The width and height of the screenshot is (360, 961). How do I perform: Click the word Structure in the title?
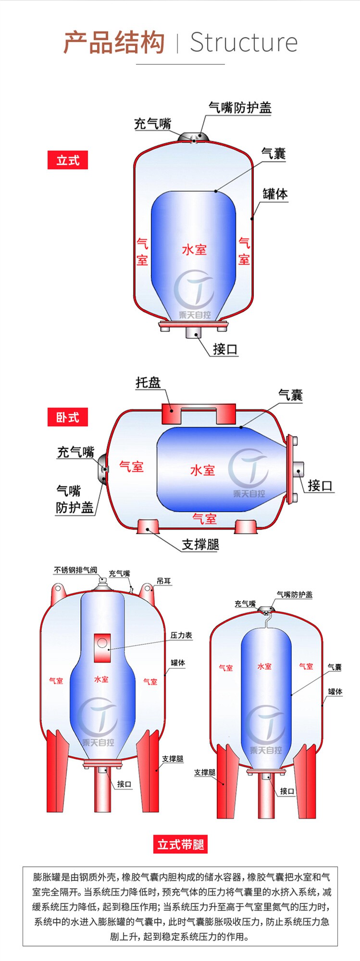click(x=243, y=42)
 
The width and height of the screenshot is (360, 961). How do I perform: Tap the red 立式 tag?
click(x=68, y=160)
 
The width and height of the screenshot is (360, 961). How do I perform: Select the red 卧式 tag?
click(x=68, y=417)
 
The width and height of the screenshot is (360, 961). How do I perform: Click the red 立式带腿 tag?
click(x=181, y=844)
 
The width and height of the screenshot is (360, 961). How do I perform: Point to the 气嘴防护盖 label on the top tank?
click(x=240, y=108)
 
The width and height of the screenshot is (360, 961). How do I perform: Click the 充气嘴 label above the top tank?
click(x=152, y=123)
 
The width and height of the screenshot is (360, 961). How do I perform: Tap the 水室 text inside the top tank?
click(x=194, y=249)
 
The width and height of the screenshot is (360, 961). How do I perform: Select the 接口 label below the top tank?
click(x=225, y=349)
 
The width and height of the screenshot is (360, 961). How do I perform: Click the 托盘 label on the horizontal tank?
click(x=148, y=382)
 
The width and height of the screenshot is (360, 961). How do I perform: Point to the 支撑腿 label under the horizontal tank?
click(x=200, y=544)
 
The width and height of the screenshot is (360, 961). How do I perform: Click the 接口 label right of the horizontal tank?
click(x=320, y=485)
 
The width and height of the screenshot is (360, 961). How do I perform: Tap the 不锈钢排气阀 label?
click(x=75, y=570)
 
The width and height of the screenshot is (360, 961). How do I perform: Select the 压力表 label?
click(x=181, y=635)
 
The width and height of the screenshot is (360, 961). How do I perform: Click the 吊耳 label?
click(x=164, y=581)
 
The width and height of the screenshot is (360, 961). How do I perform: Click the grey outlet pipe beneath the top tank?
click(x=194, y=333)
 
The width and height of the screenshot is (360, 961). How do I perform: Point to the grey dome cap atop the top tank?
click(x=194, y=137)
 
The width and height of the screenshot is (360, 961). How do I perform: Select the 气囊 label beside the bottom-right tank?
click(x=335, y=667)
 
